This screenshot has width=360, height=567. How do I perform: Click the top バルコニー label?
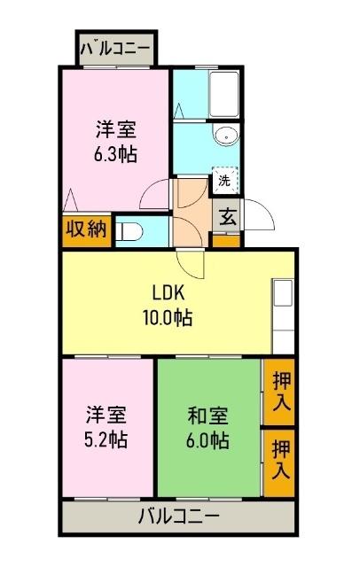(116, 49)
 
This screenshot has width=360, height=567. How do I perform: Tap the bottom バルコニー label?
(177, 516)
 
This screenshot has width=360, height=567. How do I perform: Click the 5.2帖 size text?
(106, 439)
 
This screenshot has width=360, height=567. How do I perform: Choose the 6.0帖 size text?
(208, 439)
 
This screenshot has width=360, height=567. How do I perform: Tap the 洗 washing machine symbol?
(224, 180)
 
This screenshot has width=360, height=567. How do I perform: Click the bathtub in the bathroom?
(222, 94)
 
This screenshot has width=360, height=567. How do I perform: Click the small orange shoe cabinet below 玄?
(227, 240)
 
